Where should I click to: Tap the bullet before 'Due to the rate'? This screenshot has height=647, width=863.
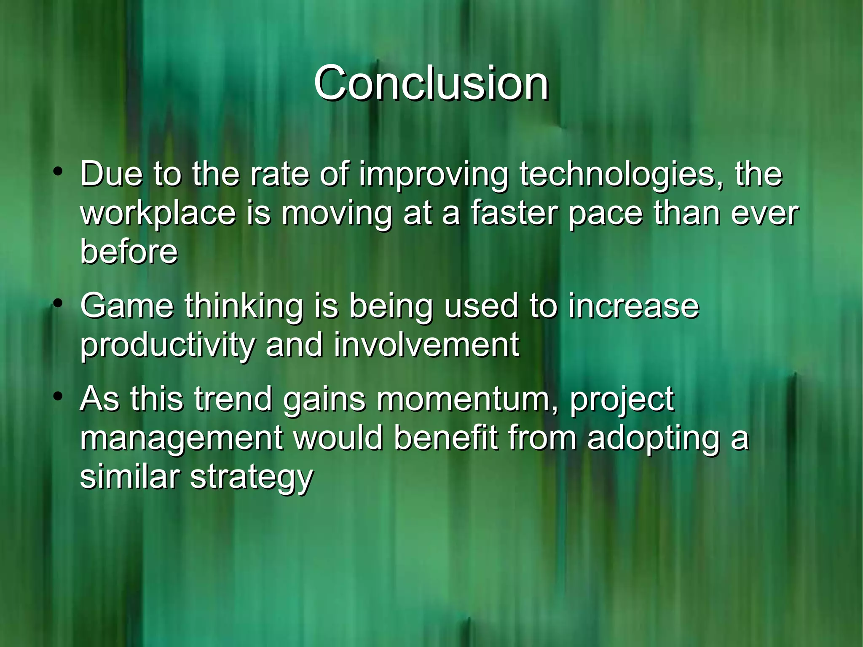[58, 172]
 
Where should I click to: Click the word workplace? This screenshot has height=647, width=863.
[158, 214]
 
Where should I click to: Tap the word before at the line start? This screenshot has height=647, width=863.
[129, 252]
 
